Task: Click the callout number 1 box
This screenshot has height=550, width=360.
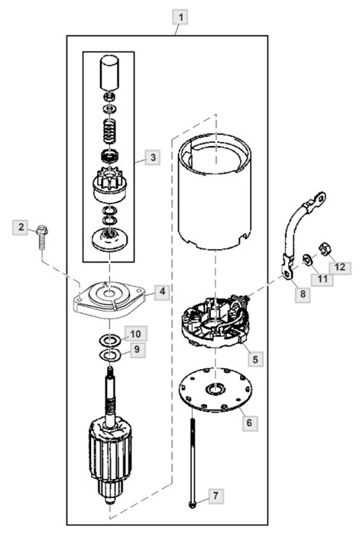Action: pyautogui.click(x=180, y=17)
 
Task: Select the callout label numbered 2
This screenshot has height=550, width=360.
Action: pyautogui.click(x=21, y=228)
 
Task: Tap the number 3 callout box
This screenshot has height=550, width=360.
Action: pyautogui.click(x=153, y=157)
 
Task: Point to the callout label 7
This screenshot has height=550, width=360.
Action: pyautogui.click(x=216, y=496)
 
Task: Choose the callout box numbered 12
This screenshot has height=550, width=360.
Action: pyautogui.click(x=339, y=267)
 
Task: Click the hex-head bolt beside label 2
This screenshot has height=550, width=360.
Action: pyautogui.click(x=42, y=238)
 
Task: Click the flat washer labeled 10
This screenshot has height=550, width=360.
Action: pyautogui.click(x=110, y=340)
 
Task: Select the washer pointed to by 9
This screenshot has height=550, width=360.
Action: pyautogui.click(x=110, y=355)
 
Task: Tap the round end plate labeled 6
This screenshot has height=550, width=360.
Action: pyautogui.click(x=215, y=390)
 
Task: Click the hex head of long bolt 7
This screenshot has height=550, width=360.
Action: pyautogui.click(x=192, y=505)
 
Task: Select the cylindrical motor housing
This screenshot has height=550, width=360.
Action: pyautogui.click(x=215, y=192)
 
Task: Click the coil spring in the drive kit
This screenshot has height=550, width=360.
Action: pyautogui.click(x=110, y=131)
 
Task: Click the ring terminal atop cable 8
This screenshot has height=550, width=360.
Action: pyautogui.click(x=319, y=199)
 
